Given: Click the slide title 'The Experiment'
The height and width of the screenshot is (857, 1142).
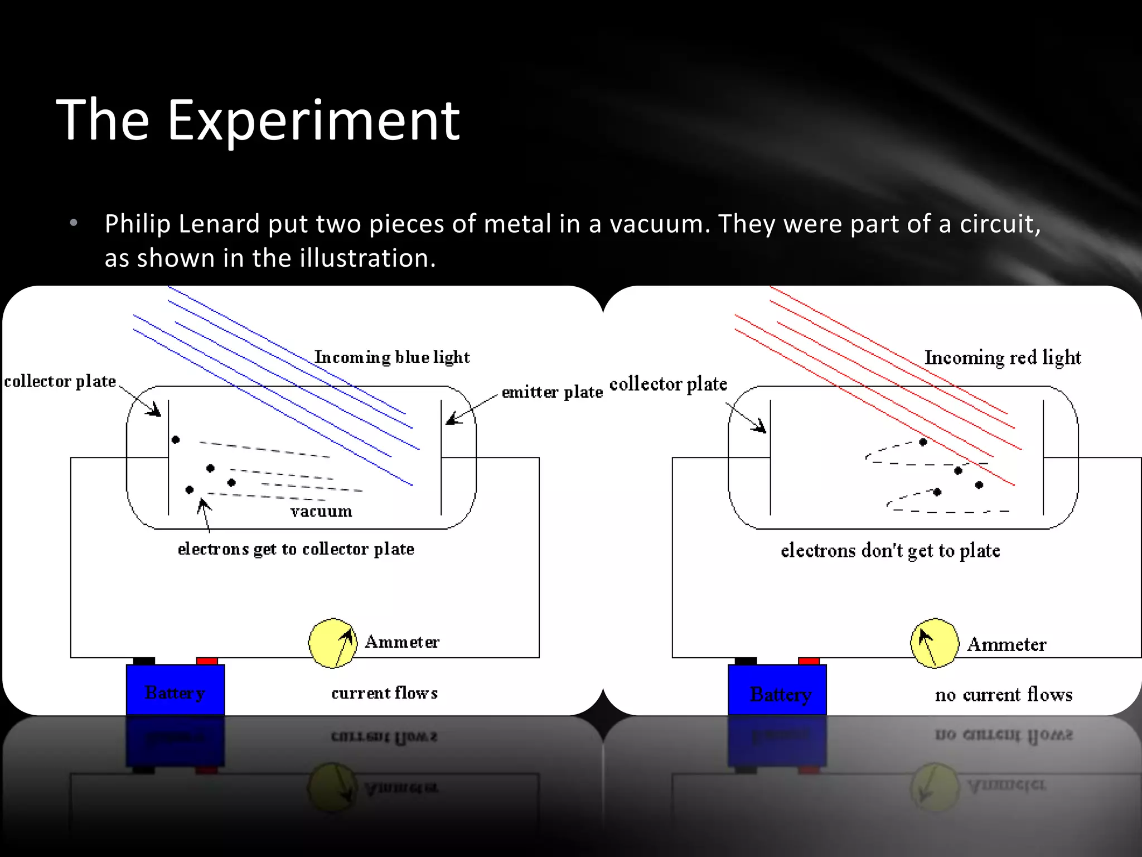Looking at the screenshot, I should tap(258, 119).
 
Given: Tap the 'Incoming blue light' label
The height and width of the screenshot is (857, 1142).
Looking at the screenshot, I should tap(392, 357).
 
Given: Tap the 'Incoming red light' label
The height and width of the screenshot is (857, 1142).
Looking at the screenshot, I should tap(1003, 357).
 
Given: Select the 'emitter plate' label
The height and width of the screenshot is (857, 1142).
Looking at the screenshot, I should tap(552, 392).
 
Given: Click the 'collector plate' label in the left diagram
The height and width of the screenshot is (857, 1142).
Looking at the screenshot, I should tap(60, 382).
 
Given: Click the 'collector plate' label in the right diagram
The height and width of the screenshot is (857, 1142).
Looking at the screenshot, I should tap(668, 384).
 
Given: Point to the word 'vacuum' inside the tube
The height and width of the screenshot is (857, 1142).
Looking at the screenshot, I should tap(321, 511).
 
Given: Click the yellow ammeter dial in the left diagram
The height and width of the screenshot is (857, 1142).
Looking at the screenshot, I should tap(333, 643).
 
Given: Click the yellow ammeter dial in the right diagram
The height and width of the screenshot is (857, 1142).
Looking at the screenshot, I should tap(935, 643).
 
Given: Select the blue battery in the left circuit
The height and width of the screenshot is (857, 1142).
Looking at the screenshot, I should tap(175, 690).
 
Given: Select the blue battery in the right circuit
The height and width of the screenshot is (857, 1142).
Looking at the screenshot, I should tap(777, 690).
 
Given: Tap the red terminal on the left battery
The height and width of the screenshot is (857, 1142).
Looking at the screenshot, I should tap(207, 661).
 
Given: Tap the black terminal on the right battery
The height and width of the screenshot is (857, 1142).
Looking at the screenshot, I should tap(746, 661).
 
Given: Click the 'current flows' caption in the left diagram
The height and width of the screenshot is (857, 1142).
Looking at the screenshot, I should tap(385, 693).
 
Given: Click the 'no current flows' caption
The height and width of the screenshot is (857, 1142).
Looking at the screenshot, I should tap(1004, 695).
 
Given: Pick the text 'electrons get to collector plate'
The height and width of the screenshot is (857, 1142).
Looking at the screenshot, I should tap(296, 549).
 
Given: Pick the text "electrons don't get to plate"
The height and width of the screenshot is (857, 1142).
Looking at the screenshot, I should tap(891, 551).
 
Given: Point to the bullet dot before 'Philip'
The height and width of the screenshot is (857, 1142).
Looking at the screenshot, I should tap(74, 224).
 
